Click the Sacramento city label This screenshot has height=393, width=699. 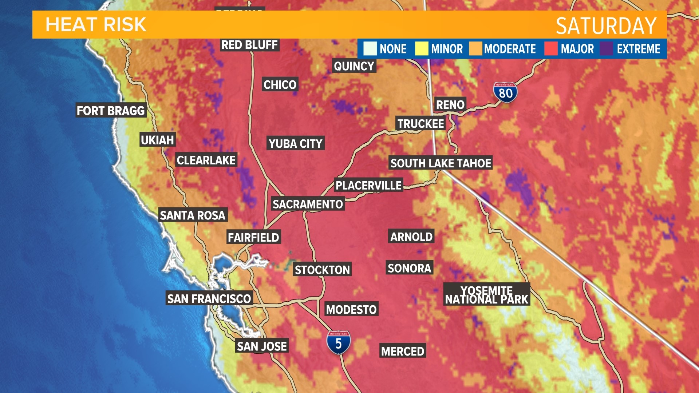pos(308,204)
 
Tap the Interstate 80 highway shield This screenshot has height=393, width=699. pos(505,92)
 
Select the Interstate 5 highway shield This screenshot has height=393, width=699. pos(339,342)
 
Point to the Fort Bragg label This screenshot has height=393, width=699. pos(111,111)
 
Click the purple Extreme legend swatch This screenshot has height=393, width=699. pos(606,49)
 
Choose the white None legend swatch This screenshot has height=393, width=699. pos(370,49)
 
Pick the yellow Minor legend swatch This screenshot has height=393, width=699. pos(422,49)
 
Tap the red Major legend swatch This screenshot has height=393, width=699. pos(551,49)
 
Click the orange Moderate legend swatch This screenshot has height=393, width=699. pos(475,49)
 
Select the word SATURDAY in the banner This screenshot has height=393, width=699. pos(606,26)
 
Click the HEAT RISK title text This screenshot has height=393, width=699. pos(96,25)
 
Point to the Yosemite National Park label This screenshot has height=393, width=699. pos(486,295)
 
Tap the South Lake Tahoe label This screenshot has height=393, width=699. pos(441,163)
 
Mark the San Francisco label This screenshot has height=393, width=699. pos(209,299)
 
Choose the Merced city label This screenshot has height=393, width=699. pos(402,351)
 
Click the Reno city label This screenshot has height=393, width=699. pos(450,105)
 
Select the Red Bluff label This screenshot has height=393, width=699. pos(250,45)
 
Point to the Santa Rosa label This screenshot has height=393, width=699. pos(193,215)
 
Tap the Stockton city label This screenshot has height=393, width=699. pos(322,270)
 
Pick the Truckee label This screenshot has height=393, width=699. pos(420,124)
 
